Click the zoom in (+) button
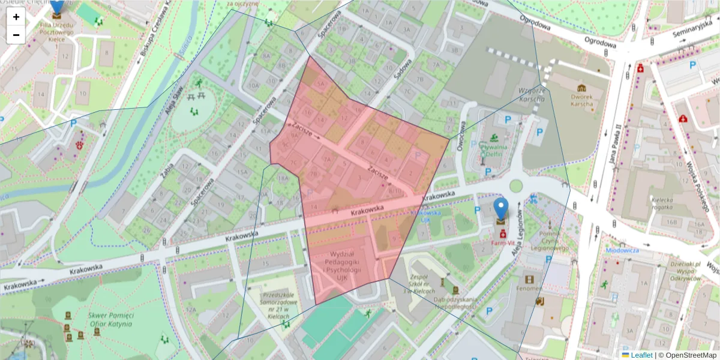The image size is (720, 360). [x=16, y=17]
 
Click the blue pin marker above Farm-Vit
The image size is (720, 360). [x=500, y=210]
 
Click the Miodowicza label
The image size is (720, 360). [x=622, y=250]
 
